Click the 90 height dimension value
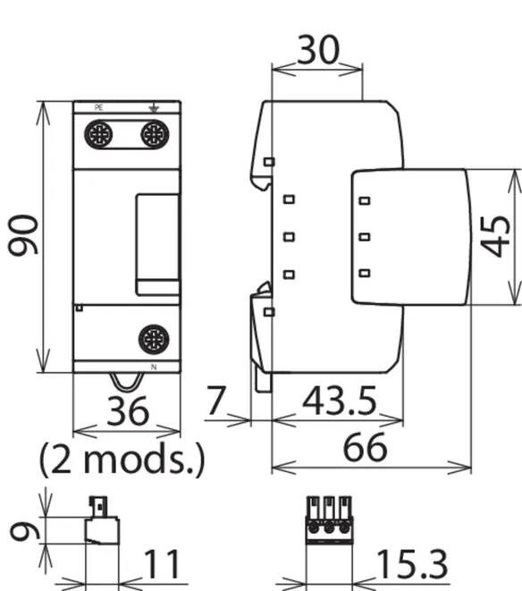point(23,234)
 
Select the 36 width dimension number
point(128,410)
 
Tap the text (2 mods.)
point(122,459)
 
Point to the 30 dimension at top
point(318,49)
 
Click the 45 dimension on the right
point(495,236)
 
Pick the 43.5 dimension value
point(339,401)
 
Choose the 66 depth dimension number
point(365,447)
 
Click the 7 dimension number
point(216,401)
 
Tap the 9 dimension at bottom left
point(24,531)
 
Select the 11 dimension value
point(162,564)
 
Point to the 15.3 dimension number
point(412,564)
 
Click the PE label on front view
point(98,108)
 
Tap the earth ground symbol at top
point(154,109)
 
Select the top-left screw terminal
point(98,134)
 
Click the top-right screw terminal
point(155,134)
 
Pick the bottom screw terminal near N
point(154,339)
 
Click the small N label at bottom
point(154,367)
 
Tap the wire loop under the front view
point(127,382)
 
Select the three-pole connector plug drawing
point(330,520)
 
